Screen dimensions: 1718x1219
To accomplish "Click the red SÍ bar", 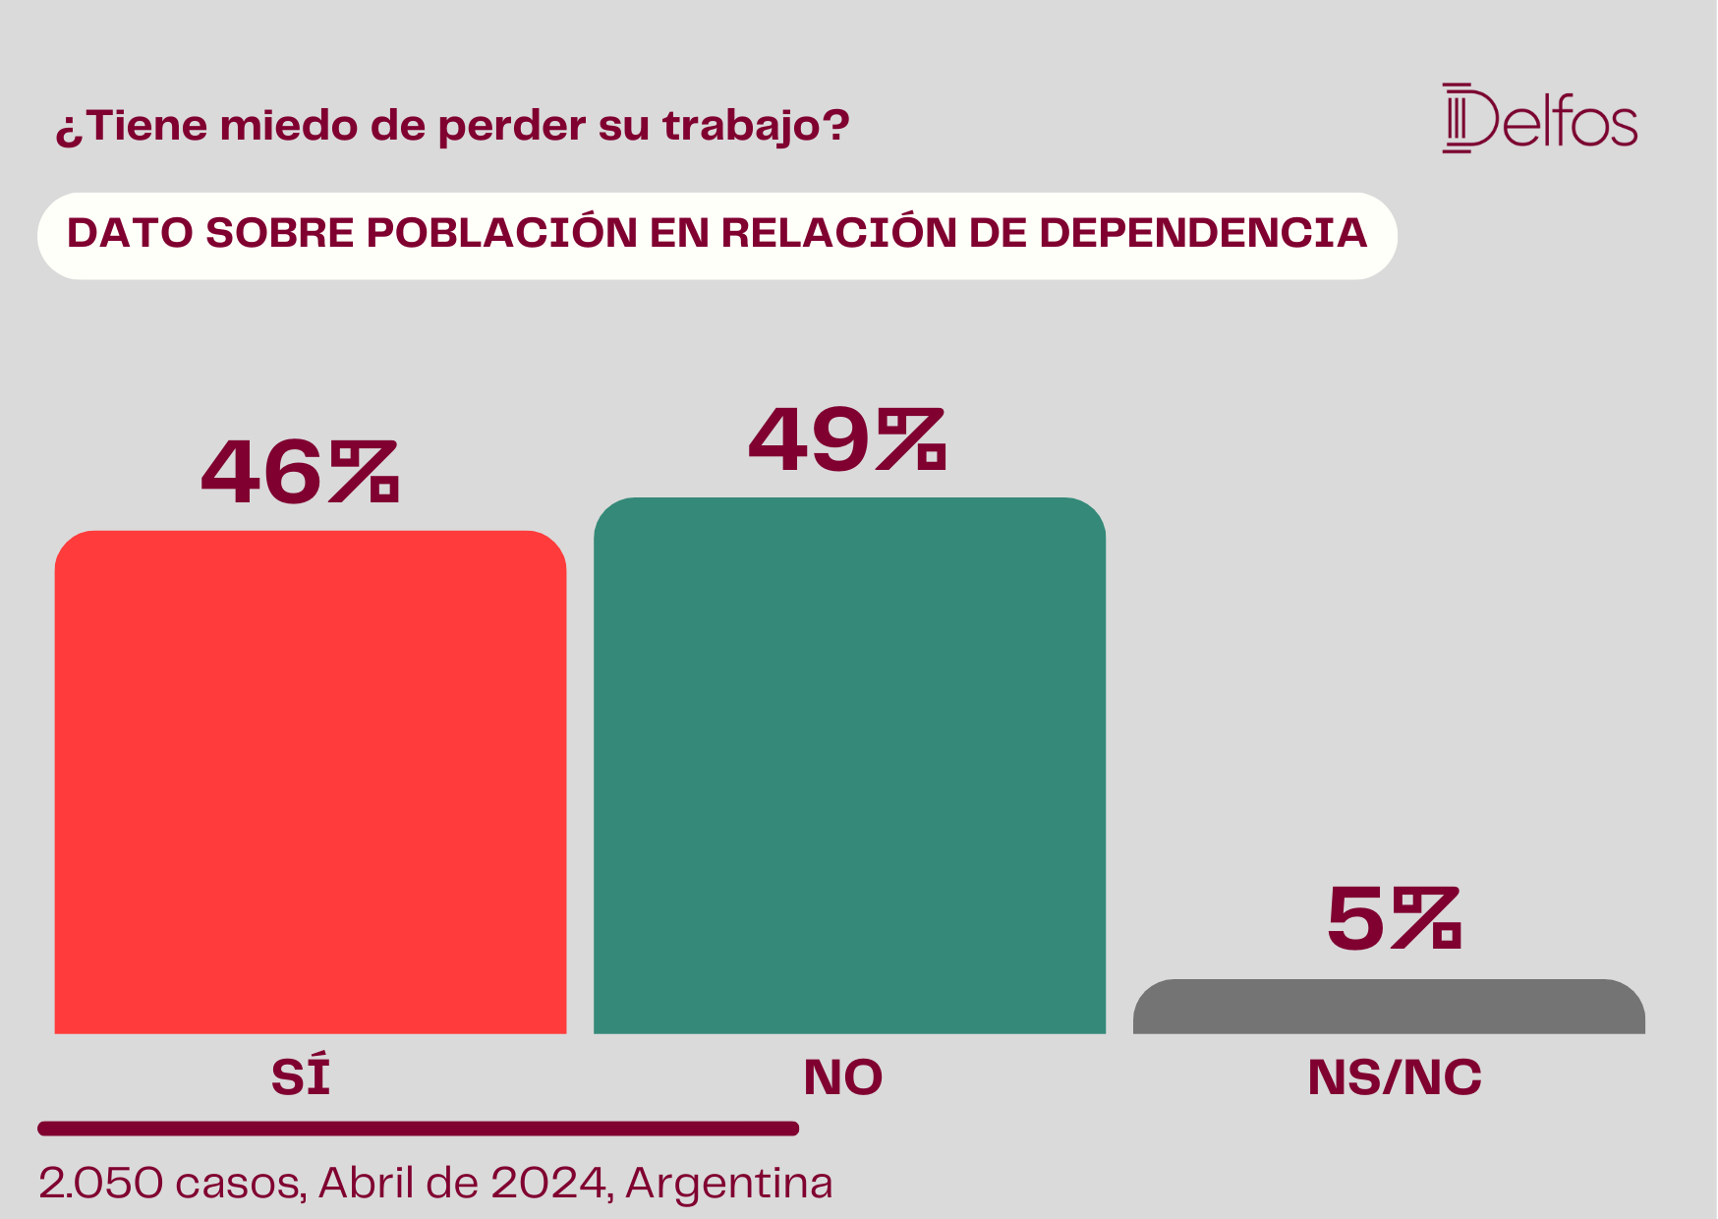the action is pos(311,783).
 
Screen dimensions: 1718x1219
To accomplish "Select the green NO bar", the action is pos(849,766).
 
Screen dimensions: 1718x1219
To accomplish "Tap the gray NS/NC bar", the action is pos(1389,1007).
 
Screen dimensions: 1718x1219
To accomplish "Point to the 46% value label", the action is pos(300,472).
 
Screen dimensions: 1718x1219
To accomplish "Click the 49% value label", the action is pos(847,439).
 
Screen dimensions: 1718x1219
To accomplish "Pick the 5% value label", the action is pos(1395,918).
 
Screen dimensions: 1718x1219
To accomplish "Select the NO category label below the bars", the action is pos(843,1077).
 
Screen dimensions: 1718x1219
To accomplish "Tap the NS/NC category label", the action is pos(1395,1077).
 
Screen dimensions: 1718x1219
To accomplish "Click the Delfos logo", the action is pos(1540,119).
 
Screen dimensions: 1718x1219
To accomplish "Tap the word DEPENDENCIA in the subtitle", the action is pos(1203,233).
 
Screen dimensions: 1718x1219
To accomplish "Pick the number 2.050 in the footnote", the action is pos(101,1183).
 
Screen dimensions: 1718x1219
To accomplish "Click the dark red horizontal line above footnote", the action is pos(419,1129).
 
